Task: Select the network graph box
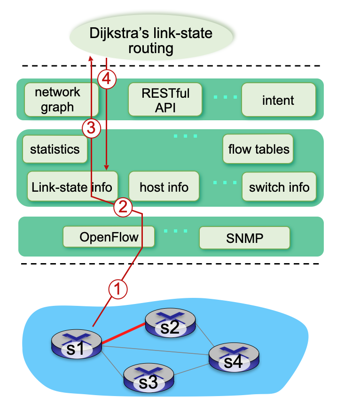[57, 100]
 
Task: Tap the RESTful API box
[165, 100]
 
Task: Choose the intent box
[278, 100]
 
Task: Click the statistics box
[55, 149]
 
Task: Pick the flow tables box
[258, 149]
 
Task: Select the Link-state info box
[71, 187]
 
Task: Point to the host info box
[164, 187]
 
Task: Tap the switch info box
[279, 187]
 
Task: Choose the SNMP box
[244, 238]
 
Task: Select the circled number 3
[91, 127]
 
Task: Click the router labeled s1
[76, 345]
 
